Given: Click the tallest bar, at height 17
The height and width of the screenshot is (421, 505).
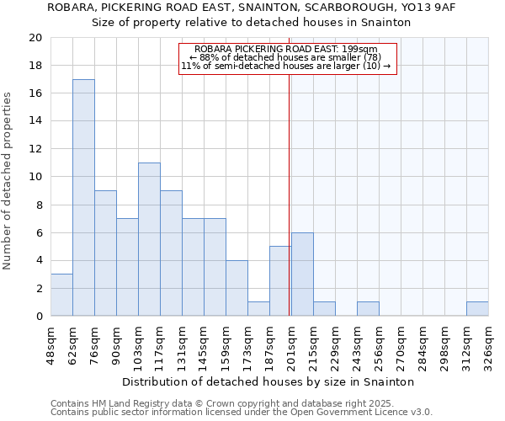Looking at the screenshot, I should [83, 198].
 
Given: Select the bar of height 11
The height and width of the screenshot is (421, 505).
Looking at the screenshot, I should [149, 239].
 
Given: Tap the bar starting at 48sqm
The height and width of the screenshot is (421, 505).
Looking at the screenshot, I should [61, 295].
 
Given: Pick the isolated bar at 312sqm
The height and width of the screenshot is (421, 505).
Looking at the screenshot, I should [477, 309].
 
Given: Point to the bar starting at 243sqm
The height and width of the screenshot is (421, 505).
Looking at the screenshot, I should [368, 309].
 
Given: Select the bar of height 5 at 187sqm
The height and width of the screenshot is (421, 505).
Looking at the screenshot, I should [280, 281].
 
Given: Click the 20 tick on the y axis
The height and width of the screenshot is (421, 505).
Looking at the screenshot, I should [35, 38].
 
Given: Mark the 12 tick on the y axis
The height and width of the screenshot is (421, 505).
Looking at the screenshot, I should [35, 149].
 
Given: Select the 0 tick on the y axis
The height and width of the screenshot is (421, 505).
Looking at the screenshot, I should [39, 316].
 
